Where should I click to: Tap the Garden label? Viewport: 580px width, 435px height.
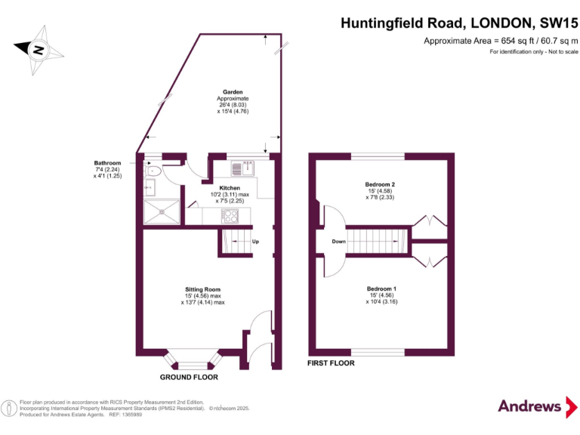[x=232, y=92]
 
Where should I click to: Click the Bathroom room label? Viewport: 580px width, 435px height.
[x=107, y=163]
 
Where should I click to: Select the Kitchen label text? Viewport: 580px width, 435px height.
[x=230, y=188]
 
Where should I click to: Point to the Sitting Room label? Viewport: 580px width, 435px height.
[x=203, y=289]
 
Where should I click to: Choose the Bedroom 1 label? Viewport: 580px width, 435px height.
[x=381, y=289]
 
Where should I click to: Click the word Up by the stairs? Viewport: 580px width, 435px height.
[x=255, y=242]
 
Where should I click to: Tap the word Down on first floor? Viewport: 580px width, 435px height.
[x=338, y=242]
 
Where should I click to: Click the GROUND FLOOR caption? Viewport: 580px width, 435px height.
[x=189, y=377]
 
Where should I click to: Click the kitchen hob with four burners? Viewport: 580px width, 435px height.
[x=231, y=215]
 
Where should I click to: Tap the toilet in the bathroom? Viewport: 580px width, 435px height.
[x=153, y=171]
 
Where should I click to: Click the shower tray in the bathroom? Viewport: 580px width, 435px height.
[x=161, y=212]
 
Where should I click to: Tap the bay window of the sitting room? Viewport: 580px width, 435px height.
[x=193, y=359]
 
